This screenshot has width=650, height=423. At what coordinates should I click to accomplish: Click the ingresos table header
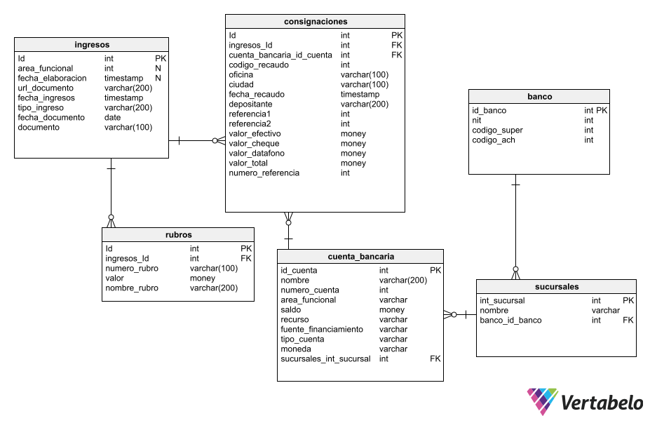pos(91,45)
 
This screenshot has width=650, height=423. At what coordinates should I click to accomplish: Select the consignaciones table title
pos(315,21)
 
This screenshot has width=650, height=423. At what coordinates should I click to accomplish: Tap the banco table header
pos(539,97)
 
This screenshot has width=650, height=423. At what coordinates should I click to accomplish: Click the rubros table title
pos(178,235)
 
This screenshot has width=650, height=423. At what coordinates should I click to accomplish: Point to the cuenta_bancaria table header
pos(360,257)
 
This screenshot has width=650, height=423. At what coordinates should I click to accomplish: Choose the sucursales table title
pos(556,287)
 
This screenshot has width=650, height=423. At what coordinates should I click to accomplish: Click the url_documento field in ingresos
pos(46,88)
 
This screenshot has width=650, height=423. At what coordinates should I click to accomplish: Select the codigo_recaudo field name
pos(259,65)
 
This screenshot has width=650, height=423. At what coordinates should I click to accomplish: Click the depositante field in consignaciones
pos(250,104)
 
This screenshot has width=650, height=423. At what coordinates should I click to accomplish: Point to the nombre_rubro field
pos(132,288)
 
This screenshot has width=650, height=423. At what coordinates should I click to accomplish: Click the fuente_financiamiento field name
pos(322,329)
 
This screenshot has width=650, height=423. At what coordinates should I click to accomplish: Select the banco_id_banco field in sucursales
pos(510,320)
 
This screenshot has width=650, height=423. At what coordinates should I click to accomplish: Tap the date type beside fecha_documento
pos(112,118)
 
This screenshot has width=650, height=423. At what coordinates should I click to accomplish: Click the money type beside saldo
pos(392,309)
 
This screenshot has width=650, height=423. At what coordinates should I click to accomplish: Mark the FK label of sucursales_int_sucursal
pos(435,358)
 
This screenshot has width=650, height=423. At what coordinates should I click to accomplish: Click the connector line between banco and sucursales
pos(515,224)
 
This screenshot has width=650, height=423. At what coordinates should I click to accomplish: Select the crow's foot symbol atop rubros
pos(111,221)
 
